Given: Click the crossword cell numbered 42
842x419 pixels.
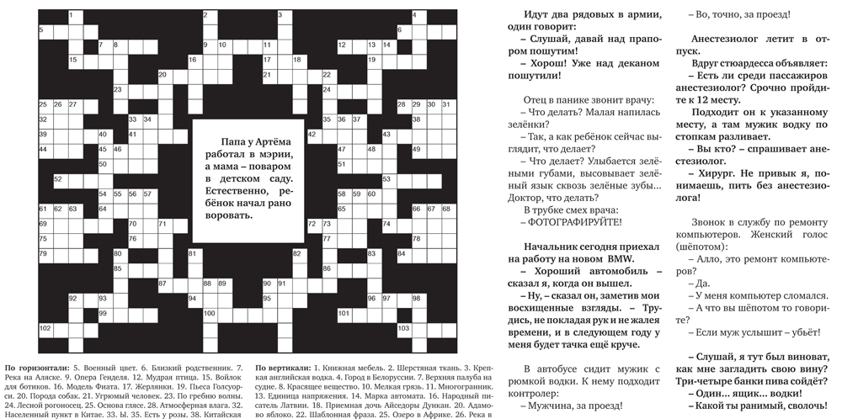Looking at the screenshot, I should coord(312,135).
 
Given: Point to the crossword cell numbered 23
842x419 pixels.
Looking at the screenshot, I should coord(118,89).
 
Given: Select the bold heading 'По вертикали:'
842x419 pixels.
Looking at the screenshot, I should coord(282,368).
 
